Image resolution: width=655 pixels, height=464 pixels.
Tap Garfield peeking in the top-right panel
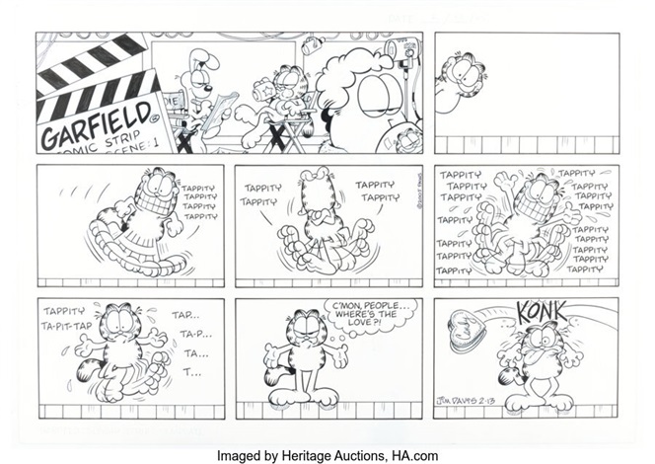click(455, 78)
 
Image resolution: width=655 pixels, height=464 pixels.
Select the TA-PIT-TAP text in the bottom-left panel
click(66, 326)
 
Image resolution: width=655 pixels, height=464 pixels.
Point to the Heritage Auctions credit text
click(327, 455)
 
